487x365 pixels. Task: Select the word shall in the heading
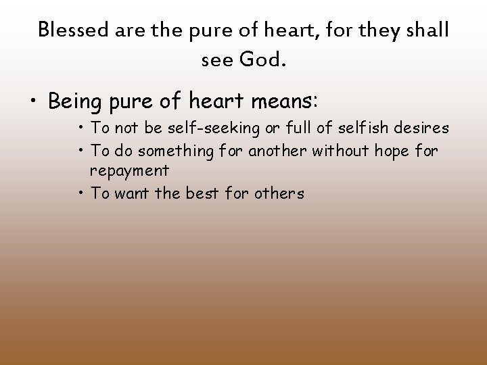click(x=426, y=30)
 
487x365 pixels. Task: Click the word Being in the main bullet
click(x=75, y=101)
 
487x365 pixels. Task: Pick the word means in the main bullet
click(x=279, y=101)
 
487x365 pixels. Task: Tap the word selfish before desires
click(x=369, y=127)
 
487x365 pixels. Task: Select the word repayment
click(x=129, y=171)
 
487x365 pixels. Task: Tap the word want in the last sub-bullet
click(x=129, y=193)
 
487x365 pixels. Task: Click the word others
click(x=280, y=193)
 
